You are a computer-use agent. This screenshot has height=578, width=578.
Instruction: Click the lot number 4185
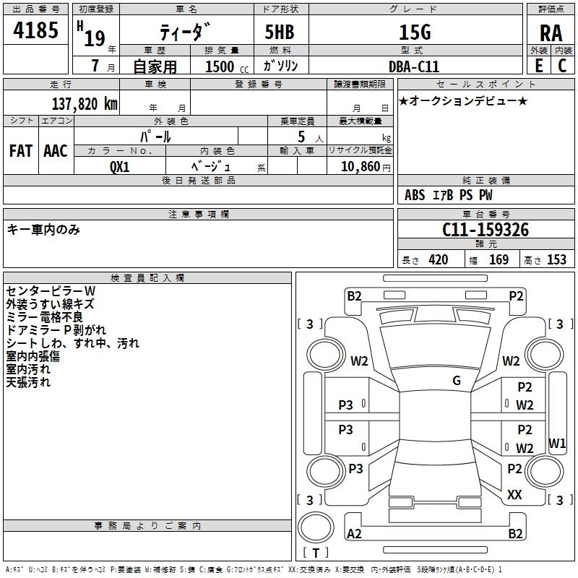tap(35, 31)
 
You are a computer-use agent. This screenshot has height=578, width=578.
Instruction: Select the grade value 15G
tap(415, 32)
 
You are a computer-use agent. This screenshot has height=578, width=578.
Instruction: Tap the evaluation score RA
tap(551, 33)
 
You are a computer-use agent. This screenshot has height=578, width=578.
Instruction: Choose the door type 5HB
tap(280, 32)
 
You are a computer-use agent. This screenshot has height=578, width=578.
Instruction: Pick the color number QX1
tap(119, 165)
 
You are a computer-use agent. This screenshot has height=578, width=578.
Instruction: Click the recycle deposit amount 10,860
tap(359, 166)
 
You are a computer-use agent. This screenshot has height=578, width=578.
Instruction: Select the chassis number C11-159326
tap(486, 230)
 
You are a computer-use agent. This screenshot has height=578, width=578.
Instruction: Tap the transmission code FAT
tap(20, 151)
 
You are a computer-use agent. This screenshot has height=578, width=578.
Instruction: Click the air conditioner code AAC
tap(56, 151)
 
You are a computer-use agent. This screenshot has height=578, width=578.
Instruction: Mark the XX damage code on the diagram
tap(514, 495)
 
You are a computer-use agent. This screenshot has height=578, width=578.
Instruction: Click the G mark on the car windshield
tap(457, 381)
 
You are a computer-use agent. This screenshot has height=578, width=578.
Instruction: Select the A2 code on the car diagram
tap(354, 534)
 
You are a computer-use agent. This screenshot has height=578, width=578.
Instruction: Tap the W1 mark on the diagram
tap(557, 442)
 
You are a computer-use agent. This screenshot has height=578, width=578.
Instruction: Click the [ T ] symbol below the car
tap(316, 553)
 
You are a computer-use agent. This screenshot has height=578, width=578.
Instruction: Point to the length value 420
tap(438, 260)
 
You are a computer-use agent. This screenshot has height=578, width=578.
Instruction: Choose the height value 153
tap(556, 260)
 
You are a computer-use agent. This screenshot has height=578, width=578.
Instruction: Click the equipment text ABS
tap(415, 195)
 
